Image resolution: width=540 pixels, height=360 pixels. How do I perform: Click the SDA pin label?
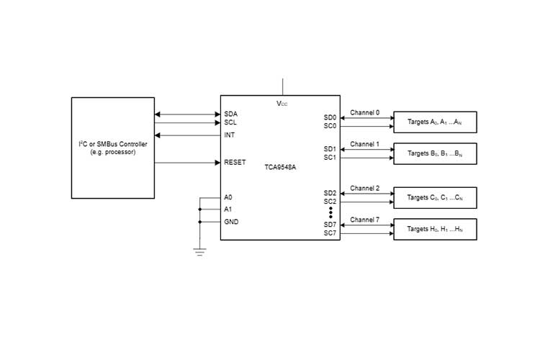pyautogui.click(x=230, y=114)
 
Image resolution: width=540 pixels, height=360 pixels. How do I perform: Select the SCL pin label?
pyautogui.click(x=230, y=123)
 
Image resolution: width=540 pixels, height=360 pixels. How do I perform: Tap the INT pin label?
pyautogui.click(x=230, y=135)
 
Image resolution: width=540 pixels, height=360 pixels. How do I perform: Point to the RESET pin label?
pyautogui.click(x=235, y=163)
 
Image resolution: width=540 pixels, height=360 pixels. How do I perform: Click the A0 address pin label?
pyautogui.click(x=228, y=197)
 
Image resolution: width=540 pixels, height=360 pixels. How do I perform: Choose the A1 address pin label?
pyautogui.click(x=228, y=210)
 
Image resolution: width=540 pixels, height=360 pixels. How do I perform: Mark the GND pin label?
pyautogui.click(x=231, y=222)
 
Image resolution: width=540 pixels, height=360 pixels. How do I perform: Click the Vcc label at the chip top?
pyautogui.click(x=283, y=104)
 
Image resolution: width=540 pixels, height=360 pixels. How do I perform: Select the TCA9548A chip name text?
pyautogui.click(x=282, y=166)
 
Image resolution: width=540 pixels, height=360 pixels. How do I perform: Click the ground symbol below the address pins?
pyautogui.click(x=199, y=251)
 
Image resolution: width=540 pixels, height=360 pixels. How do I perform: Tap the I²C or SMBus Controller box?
pyautogui.click(x=112, y=148)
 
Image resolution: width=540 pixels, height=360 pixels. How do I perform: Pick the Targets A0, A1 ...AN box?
pyautogui.click(x=434, y=122)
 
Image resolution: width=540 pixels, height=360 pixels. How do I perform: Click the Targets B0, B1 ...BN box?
pyautogui.click(x=434, y=153)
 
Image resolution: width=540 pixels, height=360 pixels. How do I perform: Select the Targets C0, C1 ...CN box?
pyautogui.click(x=434, y=197)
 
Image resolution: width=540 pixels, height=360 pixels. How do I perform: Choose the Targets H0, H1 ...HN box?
pyautogui.click(x=434, y=229)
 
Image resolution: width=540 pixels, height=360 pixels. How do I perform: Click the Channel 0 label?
pyautogui.click(x=364, y=113)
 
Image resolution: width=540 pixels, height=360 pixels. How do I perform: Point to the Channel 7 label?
pyautogui.click(x=364, y=220)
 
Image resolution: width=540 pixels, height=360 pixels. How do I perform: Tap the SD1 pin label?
pyautogui.click(x=330, y=149)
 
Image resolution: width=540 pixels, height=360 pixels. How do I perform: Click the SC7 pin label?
pyautogui.click(x=330, y=233)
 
